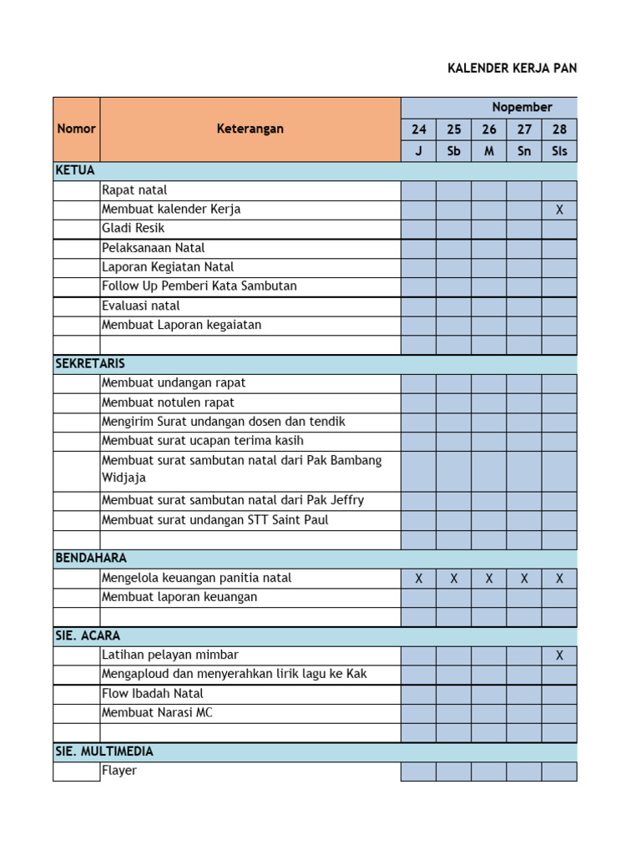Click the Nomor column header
[x=76, y=129]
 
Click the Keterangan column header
[x=250, y=129]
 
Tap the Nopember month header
[x=522, y=107]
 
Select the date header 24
[x=418, y=129]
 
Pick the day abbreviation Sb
[x=453, y=151]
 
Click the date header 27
[x=524, y=129]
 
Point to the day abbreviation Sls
[x=559, y=151]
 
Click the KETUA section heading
[x=75, y=170]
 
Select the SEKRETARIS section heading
[x=90, y=364]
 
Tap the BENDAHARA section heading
[x=91, y=558]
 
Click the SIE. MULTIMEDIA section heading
[x=104, y=751]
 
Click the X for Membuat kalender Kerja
[x=559, y=210]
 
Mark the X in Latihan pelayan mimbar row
[x=559, y=655]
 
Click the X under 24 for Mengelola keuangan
[x=418, y=579]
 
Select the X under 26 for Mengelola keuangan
[x=489, y=579]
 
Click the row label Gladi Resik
[x=134, y=228]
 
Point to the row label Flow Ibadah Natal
[x=152, y=693]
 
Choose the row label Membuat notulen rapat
[x=168, y=402]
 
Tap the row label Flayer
[x=119, y=771]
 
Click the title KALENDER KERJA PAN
[x=512, y=68]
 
